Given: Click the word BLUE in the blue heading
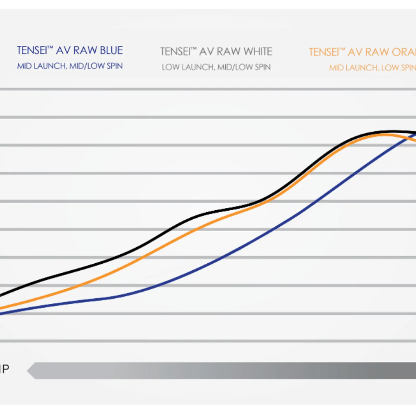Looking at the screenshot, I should pyautogui.click(x=111, y=50).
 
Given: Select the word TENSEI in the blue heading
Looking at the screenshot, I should pyautogui.click(x=32, y=50).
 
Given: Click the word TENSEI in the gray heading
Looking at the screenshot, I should pyautogui.click(x=175, y=51).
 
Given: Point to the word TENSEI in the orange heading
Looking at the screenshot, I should pyautogui.click(x=324, y=52).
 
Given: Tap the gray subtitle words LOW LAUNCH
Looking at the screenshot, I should pyautogui.click(x=188, y=67).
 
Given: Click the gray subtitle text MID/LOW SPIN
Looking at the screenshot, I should pyautogui.click(x=244, y=67).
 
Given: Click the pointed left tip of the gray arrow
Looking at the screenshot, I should pyautogui.click(x=28, y=370).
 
